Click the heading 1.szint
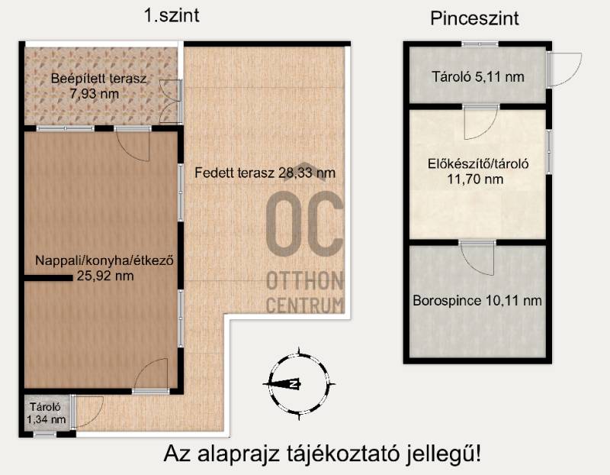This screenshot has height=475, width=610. point(172,16)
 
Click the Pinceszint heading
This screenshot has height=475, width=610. point(474,18)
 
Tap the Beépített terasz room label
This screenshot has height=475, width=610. point(99,79)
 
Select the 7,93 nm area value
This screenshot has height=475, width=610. point(95,94)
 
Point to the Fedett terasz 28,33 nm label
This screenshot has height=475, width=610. point(265,173)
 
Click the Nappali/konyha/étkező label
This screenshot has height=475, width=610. point(104,260)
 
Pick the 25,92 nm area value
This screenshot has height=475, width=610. point(105,276)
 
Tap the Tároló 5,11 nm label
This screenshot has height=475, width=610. point(478,77)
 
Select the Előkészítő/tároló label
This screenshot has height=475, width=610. point(478,163)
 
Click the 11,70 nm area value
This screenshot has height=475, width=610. point(475,179)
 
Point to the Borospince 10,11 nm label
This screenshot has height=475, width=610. point(477,301)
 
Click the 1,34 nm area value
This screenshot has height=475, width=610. point(46,419)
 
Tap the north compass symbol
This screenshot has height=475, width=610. point(299,384)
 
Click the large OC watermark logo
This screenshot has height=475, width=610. point(304,223)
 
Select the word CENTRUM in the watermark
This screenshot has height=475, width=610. point(306,305)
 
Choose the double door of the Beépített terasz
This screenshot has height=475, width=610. point(171,102)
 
